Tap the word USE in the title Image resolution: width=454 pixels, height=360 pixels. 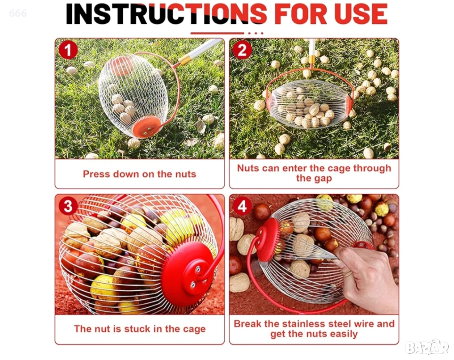[361, 14]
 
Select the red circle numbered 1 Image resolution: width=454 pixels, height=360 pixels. [68, 50]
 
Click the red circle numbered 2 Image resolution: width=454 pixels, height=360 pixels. [243, 50]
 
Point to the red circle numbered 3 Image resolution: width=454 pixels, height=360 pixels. [68, 206]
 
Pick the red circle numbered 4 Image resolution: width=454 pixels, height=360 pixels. [243, 206]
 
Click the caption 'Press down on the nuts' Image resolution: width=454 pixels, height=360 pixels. [140, 174]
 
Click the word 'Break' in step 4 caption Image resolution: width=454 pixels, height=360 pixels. [248, 324]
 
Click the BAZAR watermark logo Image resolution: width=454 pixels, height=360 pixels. [427, 347]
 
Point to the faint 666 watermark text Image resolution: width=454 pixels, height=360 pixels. [18, 13]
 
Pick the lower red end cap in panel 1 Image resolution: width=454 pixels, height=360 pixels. [146, 127]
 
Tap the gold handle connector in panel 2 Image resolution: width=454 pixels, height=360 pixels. [312, 60]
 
